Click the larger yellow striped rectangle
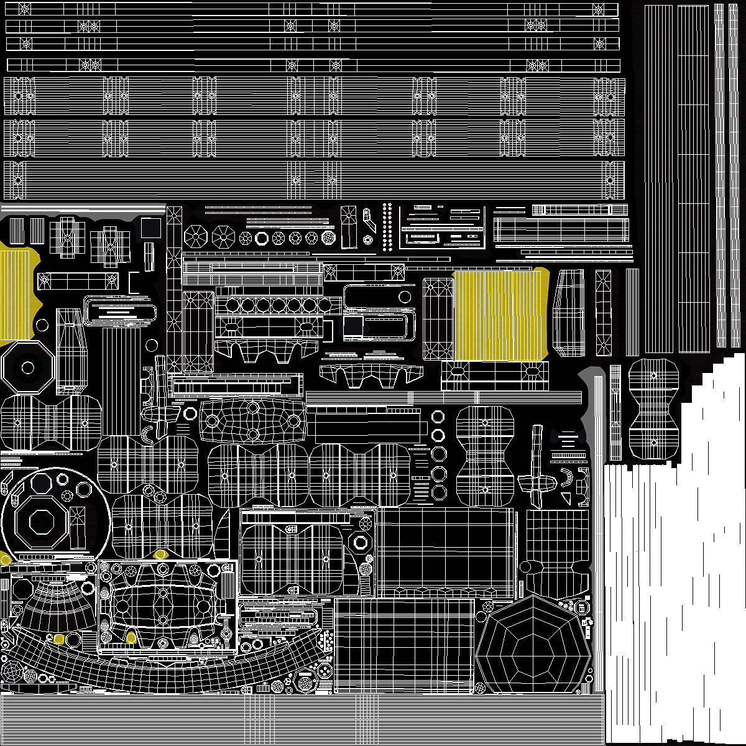point(500,315)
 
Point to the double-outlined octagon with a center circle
point(27,367)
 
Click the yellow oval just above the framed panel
point(160,554)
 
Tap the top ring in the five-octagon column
point(439,415)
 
